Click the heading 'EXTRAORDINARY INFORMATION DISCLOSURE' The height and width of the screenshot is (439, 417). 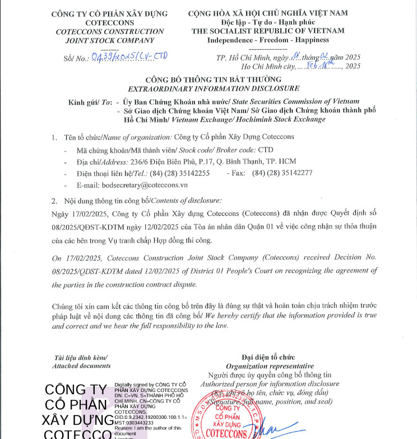point(214,88)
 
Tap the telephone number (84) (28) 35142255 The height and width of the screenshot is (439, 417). point(180,173)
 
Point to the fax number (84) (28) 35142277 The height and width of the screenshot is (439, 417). point(282,173)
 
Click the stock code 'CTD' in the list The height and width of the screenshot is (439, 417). point(266,150)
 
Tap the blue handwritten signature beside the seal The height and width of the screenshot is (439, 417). point(275,429)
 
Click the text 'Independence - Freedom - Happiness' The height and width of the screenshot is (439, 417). point(268,40)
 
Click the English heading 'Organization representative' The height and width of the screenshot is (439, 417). point(270,366)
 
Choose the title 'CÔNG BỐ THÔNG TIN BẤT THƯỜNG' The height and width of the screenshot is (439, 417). point(214,79)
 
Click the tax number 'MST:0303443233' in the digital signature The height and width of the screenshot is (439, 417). point(135,423)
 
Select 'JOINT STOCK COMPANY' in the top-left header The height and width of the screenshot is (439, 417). point(109,40)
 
